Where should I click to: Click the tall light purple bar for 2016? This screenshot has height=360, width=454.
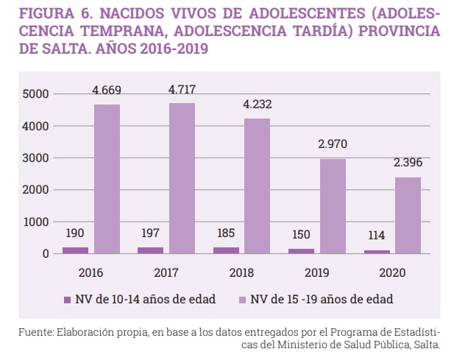pos(107,179)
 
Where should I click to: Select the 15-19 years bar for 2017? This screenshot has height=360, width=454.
pos(182,178)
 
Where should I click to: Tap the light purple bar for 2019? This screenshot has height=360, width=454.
pos(333,206)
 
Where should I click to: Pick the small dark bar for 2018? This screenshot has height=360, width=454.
pos(225,250)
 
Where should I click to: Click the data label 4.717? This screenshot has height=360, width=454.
pos(182,90)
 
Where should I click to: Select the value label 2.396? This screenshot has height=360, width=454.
pos(408,163)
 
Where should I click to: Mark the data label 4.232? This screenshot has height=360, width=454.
pos(258,105)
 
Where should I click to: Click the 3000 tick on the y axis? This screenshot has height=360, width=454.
pos(36,158)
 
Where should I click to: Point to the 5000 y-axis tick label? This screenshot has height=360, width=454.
pos(36,94)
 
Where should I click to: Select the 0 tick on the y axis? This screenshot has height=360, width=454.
pos(46,253)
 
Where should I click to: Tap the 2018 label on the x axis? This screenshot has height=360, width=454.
pos(241,272)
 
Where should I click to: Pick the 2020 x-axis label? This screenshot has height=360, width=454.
pos(391,272)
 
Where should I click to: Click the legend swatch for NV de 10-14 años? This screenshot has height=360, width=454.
pos(68,299)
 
